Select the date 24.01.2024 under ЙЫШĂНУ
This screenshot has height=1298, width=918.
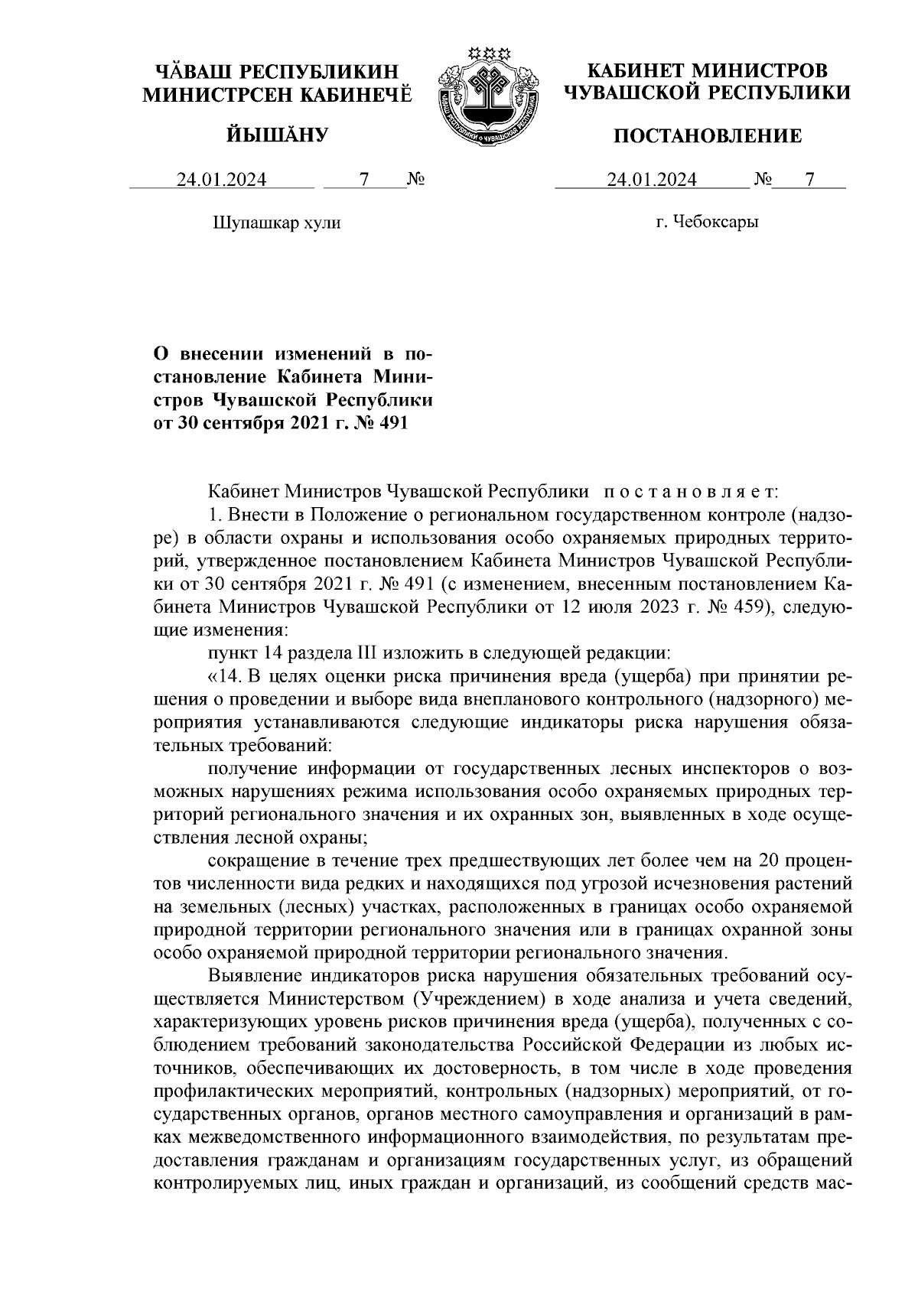point(222,180)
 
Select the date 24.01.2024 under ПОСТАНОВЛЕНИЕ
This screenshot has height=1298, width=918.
point(652,180)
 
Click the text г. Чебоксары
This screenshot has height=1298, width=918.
point(707,223)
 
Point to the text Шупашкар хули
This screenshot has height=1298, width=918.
point(275,223)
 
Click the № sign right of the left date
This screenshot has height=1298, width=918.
point(415,180)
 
